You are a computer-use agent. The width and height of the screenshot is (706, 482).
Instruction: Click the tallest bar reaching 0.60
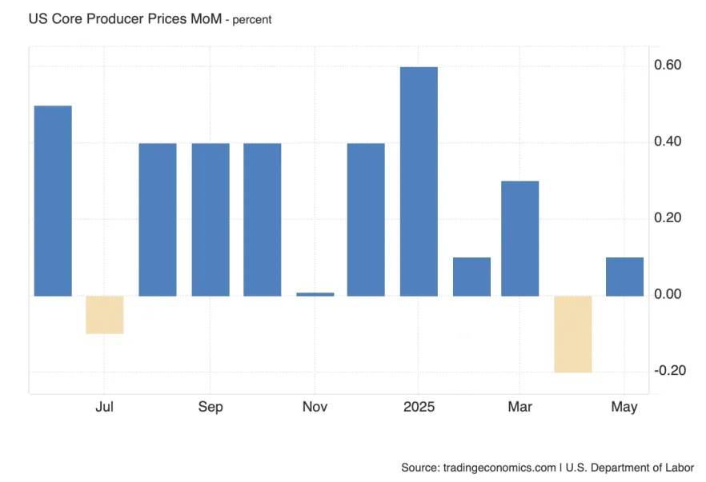(x=419, y=181)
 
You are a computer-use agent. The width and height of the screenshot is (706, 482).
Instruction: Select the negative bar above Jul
(x=105, y=314)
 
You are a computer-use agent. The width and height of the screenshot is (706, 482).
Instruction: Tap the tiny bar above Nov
(x=315, y=294)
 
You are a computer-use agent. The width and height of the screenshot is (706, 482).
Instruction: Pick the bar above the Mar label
(x=520, y=238)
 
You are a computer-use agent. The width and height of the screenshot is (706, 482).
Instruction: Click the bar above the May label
(x=624, y=277)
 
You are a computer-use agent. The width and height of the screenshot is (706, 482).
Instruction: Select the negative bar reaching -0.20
(x=572, y=333)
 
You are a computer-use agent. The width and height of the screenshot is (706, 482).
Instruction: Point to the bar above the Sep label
(x=211, y=219)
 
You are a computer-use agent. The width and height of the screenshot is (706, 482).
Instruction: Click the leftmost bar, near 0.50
(x=53, y=201)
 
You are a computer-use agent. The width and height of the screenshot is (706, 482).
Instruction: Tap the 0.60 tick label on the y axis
(x=668, y=65)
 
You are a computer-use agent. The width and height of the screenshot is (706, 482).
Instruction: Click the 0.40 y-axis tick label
(x=668, y=141)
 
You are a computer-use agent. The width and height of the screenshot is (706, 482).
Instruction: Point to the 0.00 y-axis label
(x=668, y=294)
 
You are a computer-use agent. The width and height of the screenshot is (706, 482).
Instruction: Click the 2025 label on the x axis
(x=419, y=407)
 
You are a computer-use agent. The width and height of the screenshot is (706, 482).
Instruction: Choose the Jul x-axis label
(x=104, y=407)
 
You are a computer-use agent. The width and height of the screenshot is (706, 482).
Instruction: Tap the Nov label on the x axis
(x=315, y=407)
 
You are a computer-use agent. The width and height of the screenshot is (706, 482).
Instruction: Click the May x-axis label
(x=624, y=407)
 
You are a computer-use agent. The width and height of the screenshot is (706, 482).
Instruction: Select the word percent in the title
(x=252, y=19)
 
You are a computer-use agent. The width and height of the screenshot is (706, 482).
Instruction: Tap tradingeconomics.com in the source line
(x=499, y=467)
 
